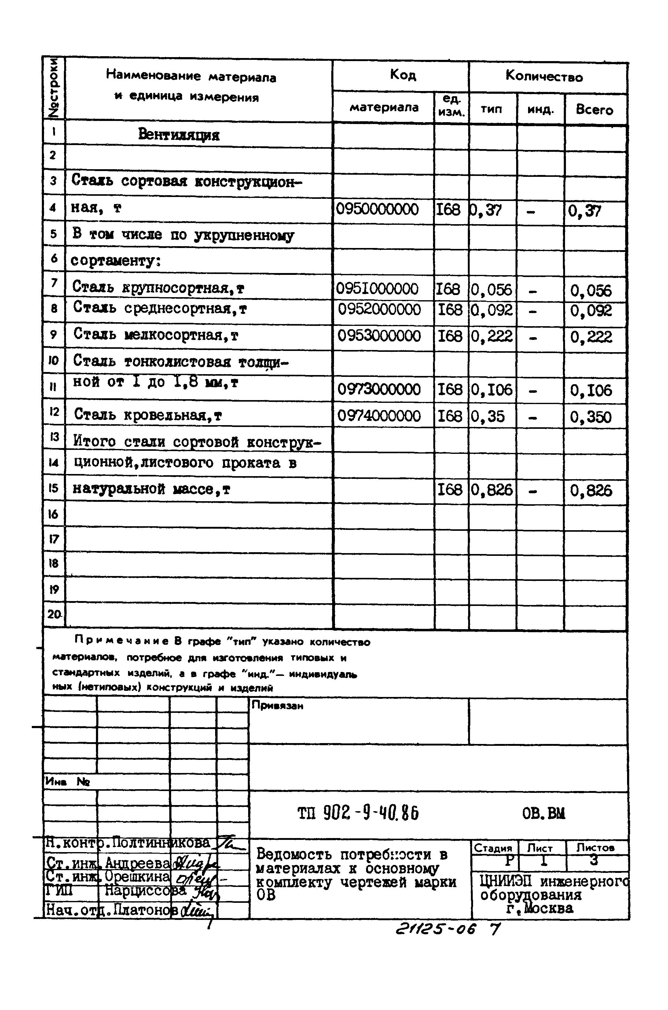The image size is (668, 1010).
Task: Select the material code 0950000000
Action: coord(377,210)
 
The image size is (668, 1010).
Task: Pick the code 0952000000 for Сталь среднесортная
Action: coord(379,310)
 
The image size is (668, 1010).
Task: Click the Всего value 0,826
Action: coord(591,491)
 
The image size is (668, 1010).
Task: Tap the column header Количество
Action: coord(544,77)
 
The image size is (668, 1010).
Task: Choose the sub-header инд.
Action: coord(541,110)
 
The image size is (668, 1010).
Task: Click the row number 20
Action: coord(54,614)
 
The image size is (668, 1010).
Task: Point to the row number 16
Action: coord(53,514)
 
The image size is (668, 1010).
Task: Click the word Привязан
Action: coord(277,706)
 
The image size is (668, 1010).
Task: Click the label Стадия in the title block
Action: coord(493,848)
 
